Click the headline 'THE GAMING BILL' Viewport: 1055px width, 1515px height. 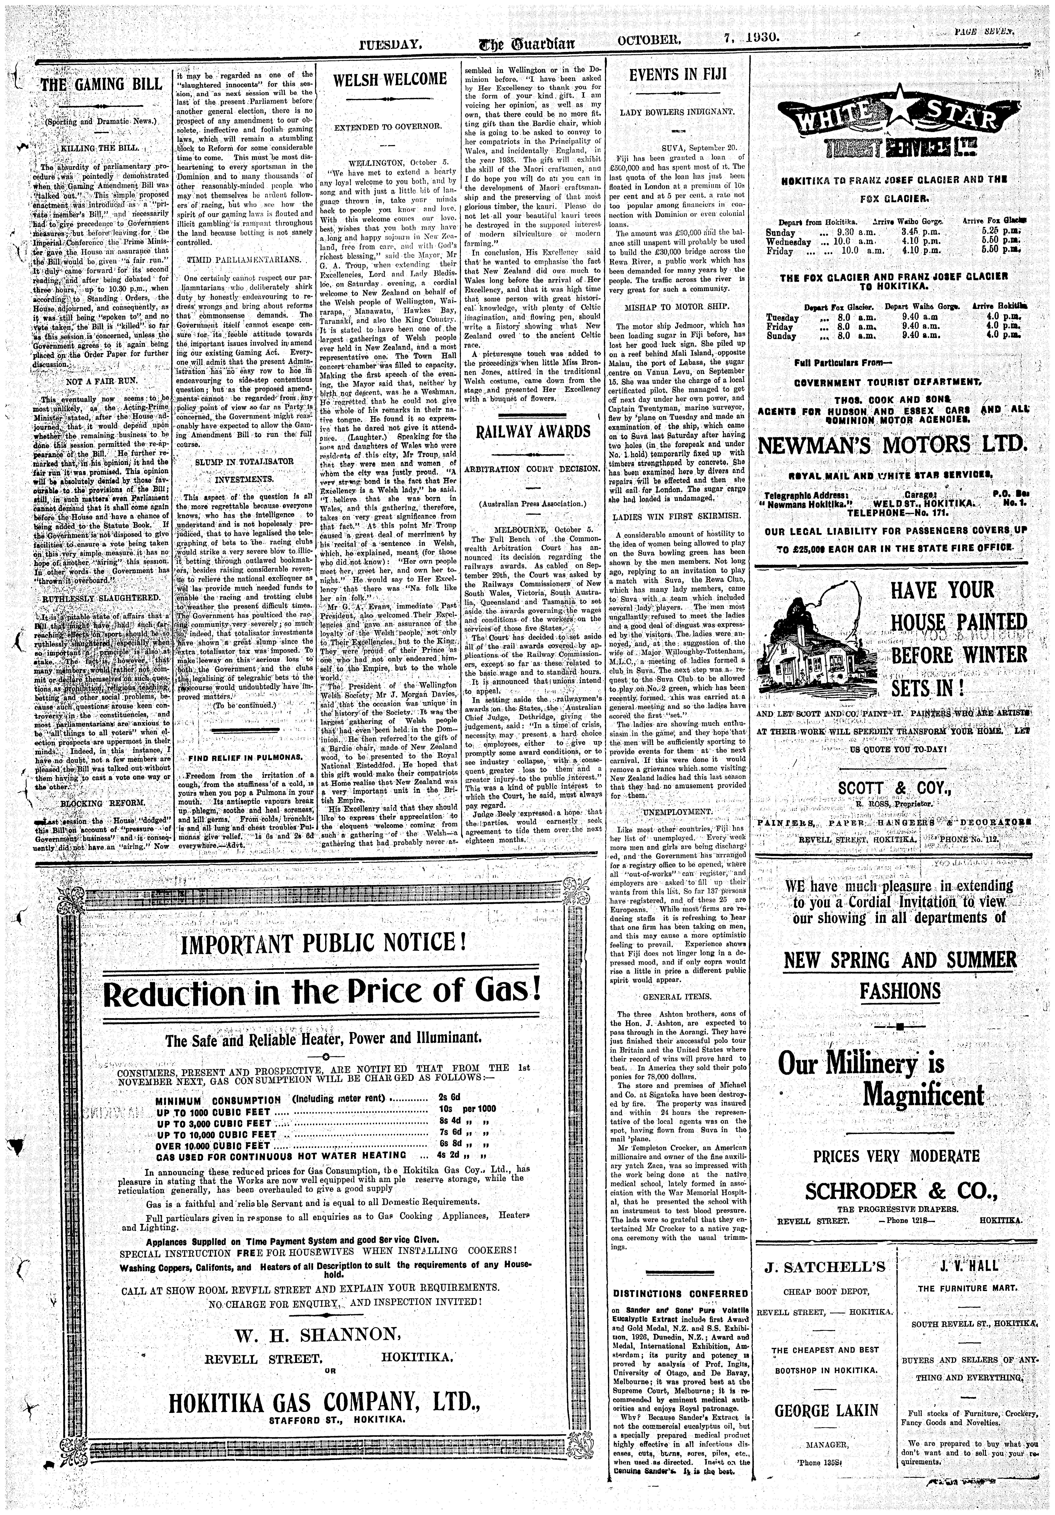pos(101,84)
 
